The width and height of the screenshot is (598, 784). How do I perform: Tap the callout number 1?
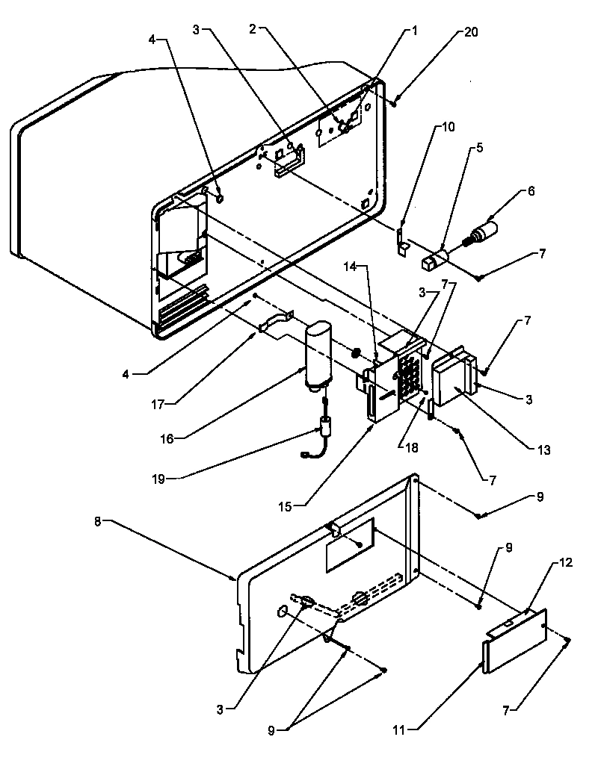[413, 31]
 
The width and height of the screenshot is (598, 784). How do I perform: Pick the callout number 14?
[353, 265]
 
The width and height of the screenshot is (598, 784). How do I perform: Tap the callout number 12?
[566, 562]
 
